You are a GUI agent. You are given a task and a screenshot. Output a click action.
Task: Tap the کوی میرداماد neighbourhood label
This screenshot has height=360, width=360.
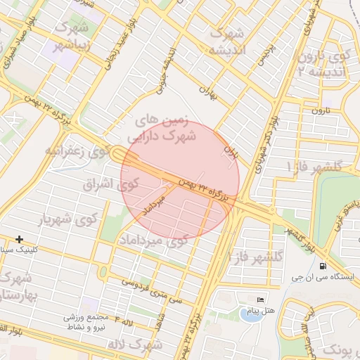click(x=159, y=240)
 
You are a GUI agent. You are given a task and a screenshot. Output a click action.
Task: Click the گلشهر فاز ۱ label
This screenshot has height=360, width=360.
click(x=314, y=166)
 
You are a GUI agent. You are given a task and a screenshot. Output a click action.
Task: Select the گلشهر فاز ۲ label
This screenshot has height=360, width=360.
click(x=256, y=256)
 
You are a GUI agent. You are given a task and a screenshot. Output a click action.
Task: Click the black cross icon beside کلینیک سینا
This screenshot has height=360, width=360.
click(x=19, y=240)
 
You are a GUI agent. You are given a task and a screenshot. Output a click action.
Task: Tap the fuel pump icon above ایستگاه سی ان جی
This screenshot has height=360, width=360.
click(x=323, y=266)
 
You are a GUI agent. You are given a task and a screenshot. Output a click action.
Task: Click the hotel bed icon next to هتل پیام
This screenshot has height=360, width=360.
click(x=261, y=301)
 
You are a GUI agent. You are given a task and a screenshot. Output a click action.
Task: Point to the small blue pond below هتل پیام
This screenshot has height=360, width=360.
click(x=250, y=314)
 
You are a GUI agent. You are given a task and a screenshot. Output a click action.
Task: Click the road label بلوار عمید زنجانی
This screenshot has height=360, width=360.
click(x=106, y=53)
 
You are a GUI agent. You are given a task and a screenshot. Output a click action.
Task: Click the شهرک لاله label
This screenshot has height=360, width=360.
click(x=137, y=345)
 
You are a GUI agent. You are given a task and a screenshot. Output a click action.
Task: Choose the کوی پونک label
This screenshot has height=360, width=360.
click(x=337, y=349)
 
